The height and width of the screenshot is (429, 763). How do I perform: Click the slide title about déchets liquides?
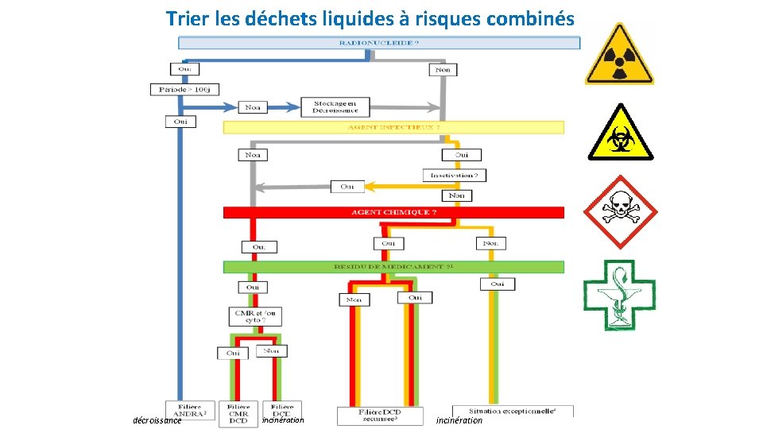tap(370, 17)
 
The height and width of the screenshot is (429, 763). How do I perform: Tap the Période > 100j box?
tap(184, 90)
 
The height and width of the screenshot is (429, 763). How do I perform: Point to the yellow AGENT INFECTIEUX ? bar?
tap(393, 127)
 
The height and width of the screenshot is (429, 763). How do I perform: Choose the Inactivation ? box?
tap(455, 175)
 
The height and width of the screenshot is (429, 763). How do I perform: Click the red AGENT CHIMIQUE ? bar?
tap(393, 213)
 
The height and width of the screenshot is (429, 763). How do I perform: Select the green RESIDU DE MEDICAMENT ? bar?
tap(393, 267)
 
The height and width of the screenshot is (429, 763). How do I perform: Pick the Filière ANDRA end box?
tap(190, 412)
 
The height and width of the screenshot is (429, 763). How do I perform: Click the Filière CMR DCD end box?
tap(238, 413)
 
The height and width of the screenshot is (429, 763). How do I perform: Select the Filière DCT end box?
tap(281, 412)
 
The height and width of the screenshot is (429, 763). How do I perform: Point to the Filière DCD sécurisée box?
tap(379, 415)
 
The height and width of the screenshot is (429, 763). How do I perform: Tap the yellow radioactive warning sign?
tap(619, 54)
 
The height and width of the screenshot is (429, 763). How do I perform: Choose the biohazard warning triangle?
tap(619, 133)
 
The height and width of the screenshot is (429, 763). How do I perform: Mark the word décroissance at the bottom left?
tap(157, 421)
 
